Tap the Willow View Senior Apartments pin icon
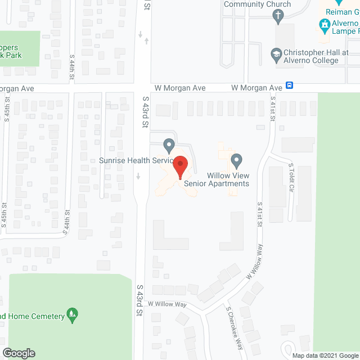point(236,161)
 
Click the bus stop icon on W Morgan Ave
point(289,86)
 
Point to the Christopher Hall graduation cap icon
point(276,54)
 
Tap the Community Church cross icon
point(277,17)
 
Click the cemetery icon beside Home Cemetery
point(71,313)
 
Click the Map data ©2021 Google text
point(325,355)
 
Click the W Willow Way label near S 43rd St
point(167,304)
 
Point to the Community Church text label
point(258,4)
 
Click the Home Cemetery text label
point(32,316)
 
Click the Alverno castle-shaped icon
point(324,24)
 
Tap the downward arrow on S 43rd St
point(138,177)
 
